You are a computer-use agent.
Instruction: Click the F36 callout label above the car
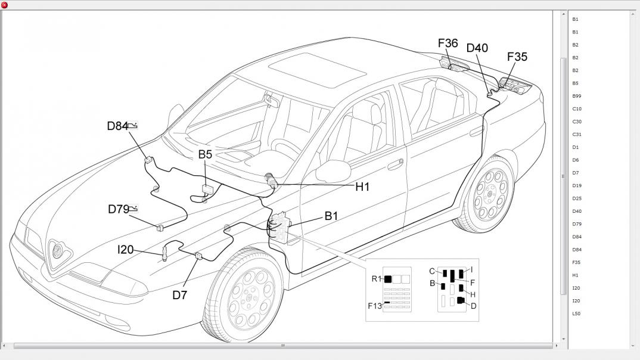click(x=448, y=44)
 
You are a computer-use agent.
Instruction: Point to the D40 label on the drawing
click(x=477, y=48)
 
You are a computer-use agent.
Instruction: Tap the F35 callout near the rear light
click(x=517, y=57)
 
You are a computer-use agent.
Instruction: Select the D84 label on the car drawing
click(x=117, y=126)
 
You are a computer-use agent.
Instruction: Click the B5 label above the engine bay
click(x=205, y=154)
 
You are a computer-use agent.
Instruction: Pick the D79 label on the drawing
click(x=119, y=209)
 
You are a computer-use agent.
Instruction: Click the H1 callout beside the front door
click(x=362, y=187)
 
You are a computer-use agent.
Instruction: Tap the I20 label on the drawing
click(x=125, y=250)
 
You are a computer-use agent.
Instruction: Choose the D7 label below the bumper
click(x=180, y=294)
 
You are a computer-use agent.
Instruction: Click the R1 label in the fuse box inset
click(x=375, y=279)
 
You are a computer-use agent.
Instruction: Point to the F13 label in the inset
click(x=374, y=306)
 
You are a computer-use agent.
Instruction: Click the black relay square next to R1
click(x=388, y=279)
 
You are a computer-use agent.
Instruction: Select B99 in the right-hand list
click(x=577, y=96)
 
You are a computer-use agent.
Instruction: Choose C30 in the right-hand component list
click(x=577, y=122)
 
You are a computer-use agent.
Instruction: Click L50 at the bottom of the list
click(x=576, y=314)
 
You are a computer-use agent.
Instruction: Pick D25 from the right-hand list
click(x=577, y=198)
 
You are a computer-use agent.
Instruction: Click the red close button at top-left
click(x=5, y=5)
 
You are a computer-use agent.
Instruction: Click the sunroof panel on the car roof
click(x=317, y=70)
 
